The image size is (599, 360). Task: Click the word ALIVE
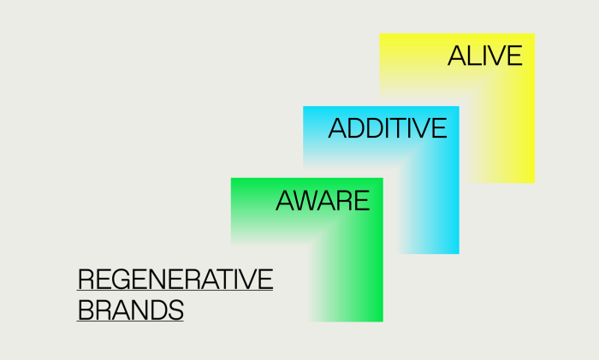485,56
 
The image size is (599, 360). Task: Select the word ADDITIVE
388,128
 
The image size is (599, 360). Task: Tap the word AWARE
323,200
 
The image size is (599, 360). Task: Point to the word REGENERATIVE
175,279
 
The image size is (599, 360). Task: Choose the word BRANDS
131,310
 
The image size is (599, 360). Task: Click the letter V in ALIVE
495,56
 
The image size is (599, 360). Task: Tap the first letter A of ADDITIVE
337,128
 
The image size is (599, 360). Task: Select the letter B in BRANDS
86,310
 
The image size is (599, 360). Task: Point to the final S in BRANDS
175,310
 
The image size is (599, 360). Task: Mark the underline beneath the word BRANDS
130,321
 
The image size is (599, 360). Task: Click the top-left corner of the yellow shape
379,33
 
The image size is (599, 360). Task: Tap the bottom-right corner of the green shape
383,322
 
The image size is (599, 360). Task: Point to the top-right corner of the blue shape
460,106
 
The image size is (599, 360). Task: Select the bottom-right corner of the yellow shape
535,183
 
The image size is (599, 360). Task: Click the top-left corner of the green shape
231,178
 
